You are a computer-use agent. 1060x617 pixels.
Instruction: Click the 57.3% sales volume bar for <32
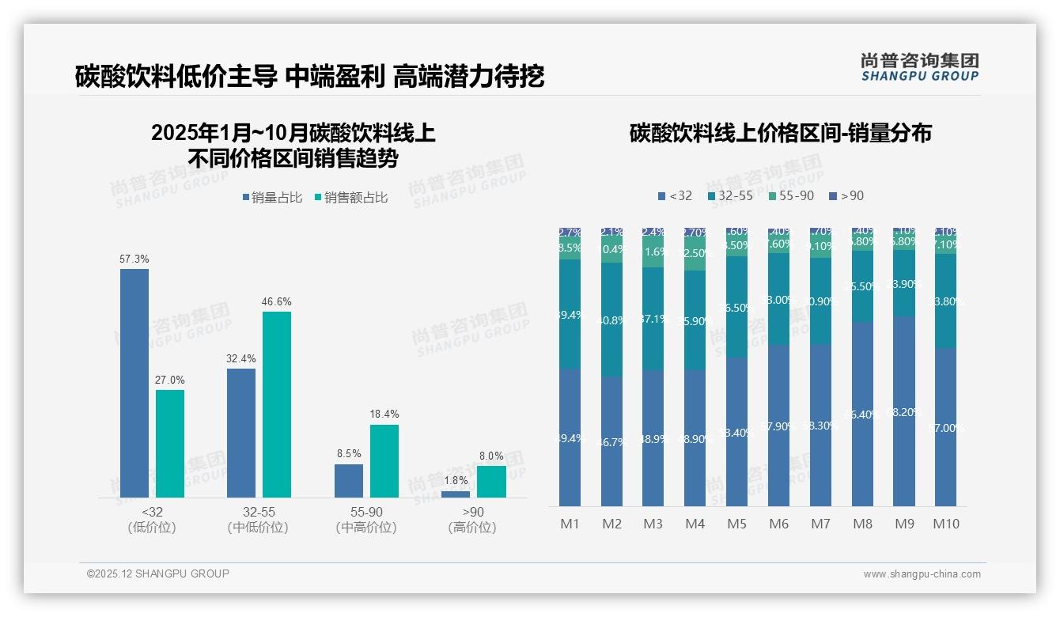[134, 383]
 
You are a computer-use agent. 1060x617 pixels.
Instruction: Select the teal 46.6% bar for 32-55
[277, 404]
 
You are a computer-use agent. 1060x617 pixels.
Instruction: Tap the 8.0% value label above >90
[491, 456]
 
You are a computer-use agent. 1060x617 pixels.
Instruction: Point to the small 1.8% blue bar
[456, 494]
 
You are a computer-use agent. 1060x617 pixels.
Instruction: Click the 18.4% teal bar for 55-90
[384, 461]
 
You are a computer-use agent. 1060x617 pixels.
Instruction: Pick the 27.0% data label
[170, 380]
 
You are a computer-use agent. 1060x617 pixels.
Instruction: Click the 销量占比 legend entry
[271, 198]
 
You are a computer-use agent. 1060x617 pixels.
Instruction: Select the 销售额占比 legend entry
[350, 198]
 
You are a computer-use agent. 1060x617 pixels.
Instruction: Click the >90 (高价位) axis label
[472, 520]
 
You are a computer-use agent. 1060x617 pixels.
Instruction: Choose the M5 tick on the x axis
[736, 524]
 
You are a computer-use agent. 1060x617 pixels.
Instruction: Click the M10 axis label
[945, 524]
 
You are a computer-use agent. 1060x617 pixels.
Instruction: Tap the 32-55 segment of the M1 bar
[570, 314]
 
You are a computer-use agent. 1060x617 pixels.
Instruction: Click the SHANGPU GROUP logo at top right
[919, 66]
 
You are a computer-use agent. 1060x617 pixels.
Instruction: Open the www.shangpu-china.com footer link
[922, 574]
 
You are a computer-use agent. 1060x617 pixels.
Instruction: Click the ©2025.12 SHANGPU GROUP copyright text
[158, 573]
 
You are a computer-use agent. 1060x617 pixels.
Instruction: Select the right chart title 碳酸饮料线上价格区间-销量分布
[780, 133]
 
